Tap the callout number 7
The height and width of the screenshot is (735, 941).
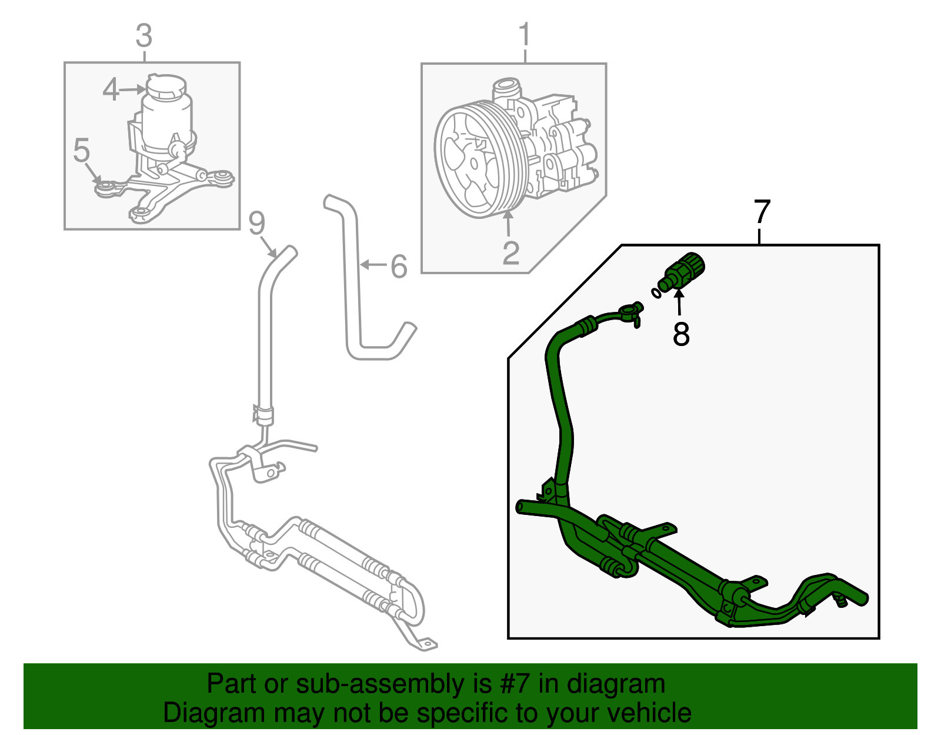click(762, 212)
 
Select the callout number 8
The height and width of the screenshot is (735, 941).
click(681, 334)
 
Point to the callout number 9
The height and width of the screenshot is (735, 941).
click(256, 223)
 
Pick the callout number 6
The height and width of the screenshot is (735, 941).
click(399, 267)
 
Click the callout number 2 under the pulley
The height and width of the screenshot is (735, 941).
click(510, 252)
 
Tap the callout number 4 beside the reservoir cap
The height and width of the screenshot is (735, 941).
click(111, 90)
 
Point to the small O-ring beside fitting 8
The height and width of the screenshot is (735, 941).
click(655, 292)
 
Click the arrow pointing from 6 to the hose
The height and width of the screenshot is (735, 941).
click(372, 265)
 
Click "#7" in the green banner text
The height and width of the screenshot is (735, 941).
click(515, 684)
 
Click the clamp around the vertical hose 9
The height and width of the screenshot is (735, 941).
click(263, 414)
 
